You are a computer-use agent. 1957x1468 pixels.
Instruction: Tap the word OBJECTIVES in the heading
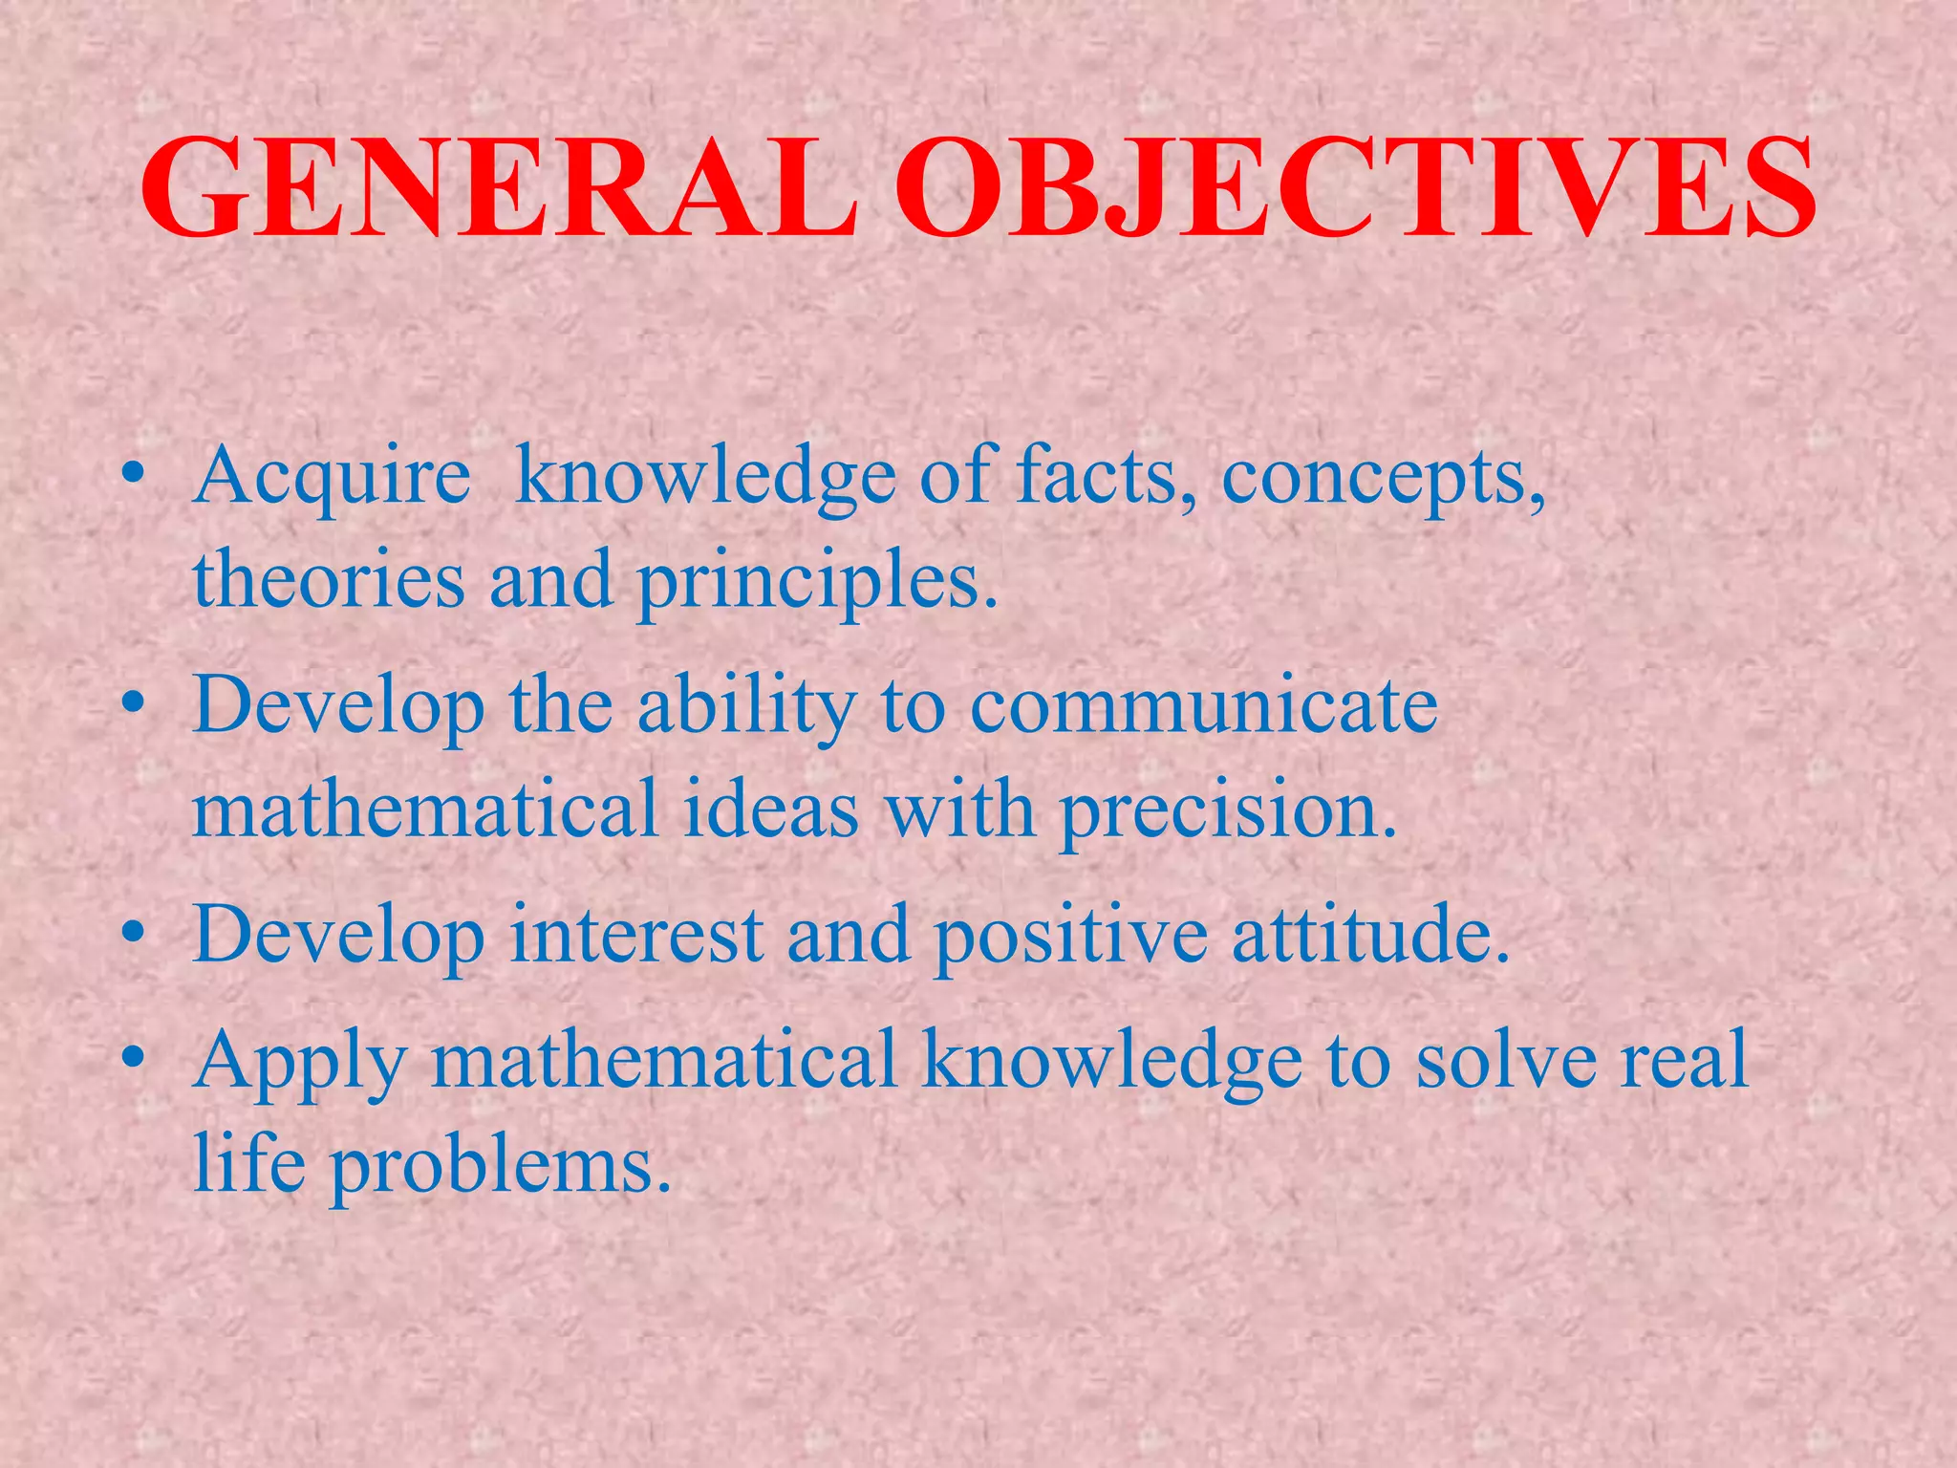click(1355, 188)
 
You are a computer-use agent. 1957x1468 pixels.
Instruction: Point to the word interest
click(636, 935)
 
